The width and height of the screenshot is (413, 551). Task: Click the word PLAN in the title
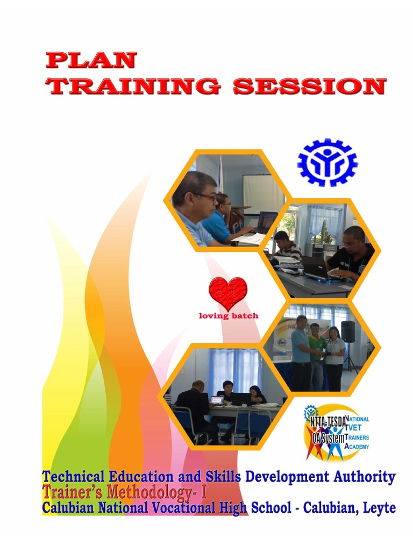91,60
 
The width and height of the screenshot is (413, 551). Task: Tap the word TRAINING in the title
133,86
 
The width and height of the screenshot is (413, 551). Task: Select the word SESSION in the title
309,86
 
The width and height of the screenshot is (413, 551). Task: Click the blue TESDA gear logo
327,162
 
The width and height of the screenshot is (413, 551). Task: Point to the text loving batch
229,316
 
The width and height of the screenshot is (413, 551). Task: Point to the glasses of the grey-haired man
207,196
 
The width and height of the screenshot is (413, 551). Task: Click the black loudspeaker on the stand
348,331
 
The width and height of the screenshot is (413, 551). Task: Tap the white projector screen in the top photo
262,193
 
